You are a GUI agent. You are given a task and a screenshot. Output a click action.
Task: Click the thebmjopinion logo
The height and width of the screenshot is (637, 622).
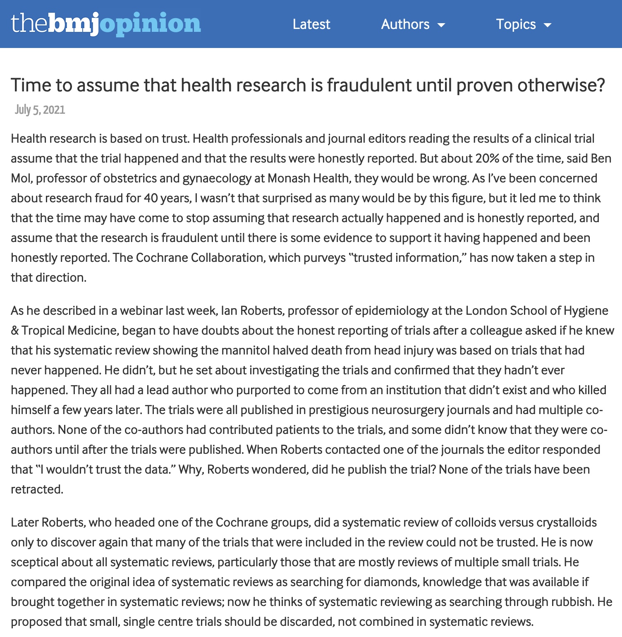[106, 24]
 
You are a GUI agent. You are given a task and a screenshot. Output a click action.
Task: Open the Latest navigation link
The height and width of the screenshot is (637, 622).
[311, 24]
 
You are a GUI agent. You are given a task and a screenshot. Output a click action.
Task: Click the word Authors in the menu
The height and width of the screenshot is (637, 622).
[405, 24]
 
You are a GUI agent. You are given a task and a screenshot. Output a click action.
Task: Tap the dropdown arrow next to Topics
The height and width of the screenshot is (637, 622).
[548, 25]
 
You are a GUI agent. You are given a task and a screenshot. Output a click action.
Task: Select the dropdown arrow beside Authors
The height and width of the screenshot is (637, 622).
[441, 25]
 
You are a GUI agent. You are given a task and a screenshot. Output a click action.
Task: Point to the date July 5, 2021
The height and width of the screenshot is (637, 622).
[40, 110]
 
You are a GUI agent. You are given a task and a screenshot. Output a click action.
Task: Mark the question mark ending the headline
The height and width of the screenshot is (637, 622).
[600, 85]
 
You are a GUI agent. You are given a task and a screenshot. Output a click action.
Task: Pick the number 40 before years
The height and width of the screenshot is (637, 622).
[151, 198]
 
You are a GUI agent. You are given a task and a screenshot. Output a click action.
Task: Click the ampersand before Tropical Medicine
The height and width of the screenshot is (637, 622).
[15, 330]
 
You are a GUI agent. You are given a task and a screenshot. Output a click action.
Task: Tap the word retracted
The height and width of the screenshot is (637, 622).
[36, 489]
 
